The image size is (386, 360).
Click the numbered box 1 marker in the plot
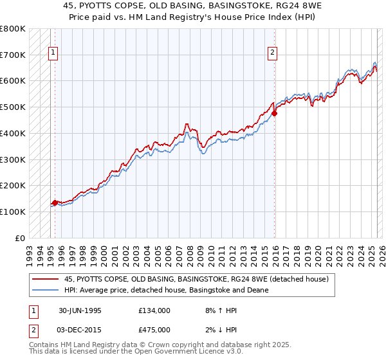[52, 53]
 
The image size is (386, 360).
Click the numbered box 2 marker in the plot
[273, 53]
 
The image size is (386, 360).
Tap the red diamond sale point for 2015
[275, 114]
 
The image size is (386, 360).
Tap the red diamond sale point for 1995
[55, 203]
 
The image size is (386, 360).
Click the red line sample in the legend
[45, 279]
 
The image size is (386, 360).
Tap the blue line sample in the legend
[45, 290]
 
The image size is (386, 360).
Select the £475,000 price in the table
[154, 330]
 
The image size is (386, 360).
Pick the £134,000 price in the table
[154, 310]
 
